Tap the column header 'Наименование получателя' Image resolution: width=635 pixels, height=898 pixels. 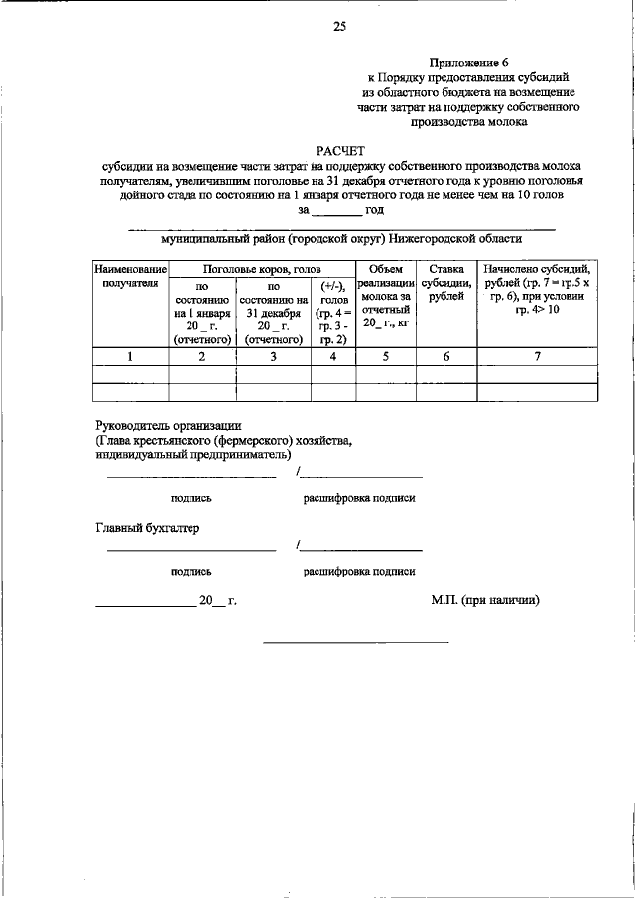(129, 275)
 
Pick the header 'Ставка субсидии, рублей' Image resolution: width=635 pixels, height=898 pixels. (445, 282)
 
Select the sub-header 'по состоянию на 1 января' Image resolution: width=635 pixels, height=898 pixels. (202, 312)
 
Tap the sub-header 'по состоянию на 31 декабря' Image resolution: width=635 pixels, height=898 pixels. (273, 312)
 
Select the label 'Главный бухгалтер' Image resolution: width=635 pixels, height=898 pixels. (147, 528)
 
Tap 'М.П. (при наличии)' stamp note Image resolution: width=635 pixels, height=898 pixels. (484, 600)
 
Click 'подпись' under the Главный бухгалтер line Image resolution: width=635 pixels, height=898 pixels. (190, 571)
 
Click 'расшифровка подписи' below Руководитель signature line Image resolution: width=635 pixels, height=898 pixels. (359, 499)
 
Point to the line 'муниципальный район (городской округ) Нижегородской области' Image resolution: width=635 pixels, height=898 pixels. (341, 238)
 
